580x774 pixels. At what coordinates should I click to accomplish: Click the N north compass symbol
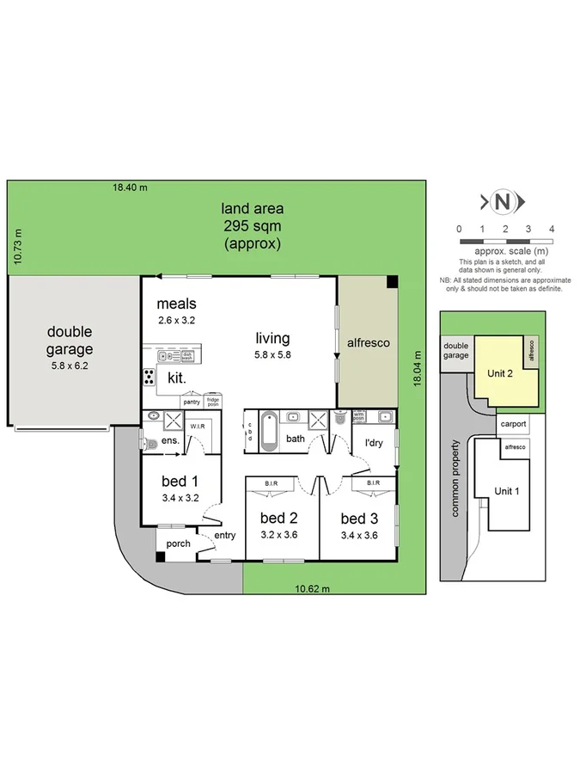click(x=504, y=202)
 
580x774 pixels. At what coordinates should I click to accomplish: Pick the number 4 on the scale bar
click(x=552, y=229)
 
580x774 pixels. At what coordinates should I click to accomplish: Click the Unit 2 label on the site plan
click(x=500, y=373)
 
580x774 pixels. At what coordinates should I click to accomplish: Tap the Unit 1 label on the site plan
click(x=507, y=491)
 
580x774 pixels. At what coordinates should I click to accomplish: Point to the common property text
click(x=456, y=479)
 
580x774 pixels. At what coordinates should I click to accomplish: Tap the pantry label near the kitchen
click(x=191, y=402)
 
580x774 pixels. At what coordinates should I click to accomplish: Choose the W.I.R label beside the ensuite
click(x=197, y=424)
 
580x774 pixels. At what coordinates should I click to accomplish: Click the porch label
click(x=178, y=543)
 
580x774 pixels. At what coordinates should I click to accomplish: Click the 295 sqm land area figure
click(x=252, y=225)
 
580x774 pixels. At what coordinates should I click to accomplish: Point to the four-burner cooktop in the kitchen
click(x=149, y=376)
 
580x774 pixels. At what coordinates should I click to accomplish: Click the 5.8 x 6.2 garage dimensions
click(x=69, y=365)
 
